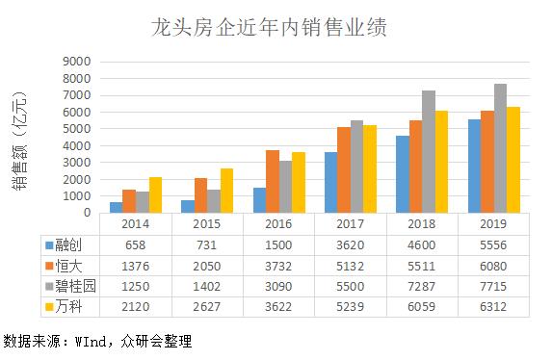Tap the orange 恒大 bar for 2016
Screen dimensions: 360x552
point(272,182)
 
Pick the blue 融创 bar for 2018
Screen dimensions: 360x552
point(403,174)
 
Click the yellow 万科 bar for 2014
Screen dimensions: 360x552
point(156,195)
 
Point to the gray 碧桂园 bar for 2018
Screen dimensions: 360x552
point(429,152)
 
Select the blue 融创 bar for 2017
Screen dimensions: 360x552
point(330,183)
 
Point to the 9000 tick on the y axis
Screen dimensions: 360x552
point(76,61)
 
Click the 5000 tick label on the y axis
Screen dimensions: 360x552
point(76,128)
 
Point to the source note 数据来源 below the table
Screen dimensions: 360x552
point(96,341)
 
